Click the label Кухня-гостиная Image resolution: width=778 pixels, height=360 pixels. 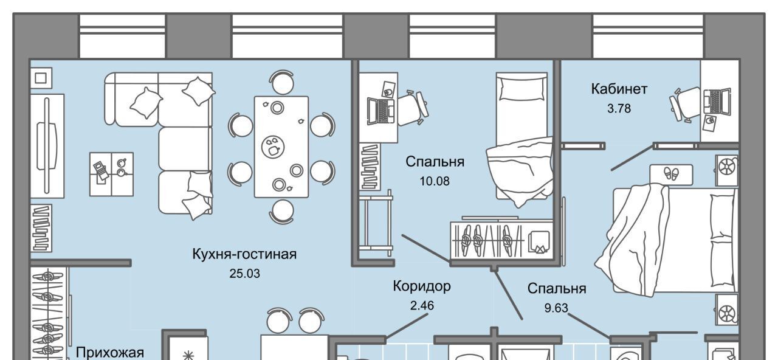point(244,254)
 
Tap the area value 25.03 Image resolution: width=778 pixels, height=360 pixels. point(244,274)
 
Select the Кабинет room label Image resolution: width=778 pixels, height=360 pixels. point(619,89)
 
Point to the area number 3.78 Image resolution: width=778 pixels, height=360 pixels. point(619,109)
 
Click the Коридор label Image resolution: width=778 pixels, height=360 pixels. point(422,286)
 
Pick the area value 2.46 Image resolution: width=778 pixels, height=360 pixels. point(422,305)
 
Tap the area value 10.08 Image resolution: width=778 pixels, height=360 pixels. point(435,181)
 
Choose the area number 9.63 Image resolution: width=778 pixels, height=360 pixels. point(556,308)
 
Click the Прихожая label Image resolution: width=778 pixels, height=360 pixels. point(109,352)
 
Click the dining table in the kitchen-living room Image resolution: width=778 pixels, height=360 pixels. point(281,147)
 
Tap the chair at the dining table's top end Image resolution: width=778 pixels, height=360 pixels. point(281,82)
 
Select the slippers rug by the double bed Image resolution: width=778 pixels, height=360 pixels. point(671,173)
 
